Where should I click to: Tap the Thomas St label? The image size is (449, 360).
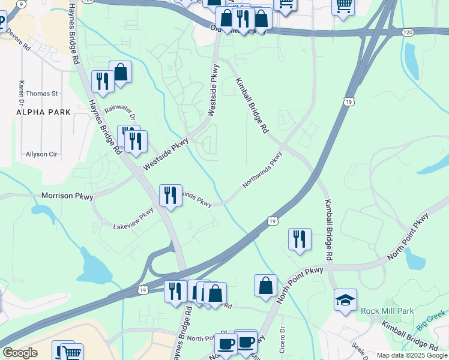41,94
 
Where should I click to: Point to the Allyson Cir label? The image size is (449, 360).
41,154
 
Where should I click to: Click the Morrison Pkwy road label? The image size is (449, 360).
66,196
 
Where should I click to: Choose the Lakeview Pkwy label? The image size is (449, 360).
134,219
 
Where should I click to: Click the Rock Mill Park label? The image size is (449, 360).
387,311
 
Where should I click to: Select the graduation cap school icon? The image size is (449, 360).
345,299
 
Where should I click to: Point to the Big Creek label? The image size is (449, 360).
432,318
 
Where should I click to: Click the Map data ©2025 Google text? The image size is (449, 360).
412,355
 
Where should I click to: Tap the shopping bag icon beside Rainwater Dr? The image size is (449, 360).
120,72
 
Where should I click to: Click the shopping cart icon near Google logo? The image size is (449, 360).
71,353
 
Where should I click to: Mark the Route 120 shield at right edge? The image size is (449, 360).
408,31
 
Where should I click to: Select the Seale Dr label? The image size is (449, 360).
360,349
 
